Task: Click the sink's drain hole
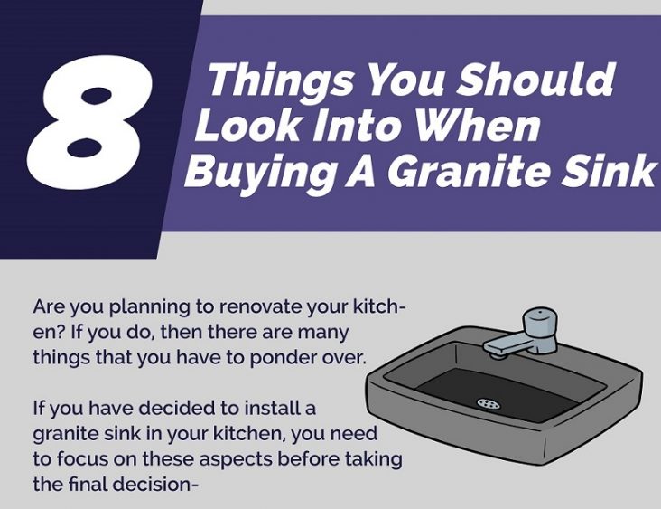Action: click(489, 403)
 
